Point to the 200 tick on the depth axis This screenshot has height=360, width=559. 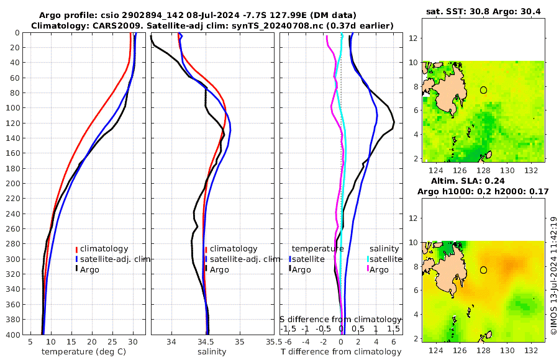coord(13,184)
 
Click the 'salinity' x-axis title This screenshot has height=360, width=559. coord(212,351)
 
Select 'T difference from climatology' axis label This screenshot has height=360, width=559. coord(341,352)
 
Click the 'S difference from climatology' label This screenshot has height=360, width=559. coord(341,318)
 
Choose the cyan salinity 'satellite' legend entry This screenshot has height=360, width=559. coord(386,259)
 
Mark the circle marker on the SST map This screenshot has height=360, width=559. coord(483,90)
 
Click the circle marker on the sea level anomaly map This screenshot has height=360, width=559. coord(483,270)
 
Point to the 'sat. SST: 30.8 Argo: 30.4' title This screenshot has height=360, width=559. coord(483,11)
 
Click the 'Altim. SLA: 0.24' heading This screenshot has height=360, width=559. coord(483,181)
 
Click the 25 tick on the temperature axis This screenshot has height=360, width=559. coord(112,341)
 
